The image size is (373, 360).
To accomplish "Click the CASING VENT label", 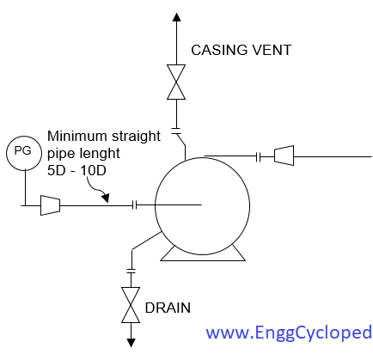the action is coord(242,50).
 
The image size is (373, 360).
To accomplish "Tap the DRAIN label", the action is coord(168,308).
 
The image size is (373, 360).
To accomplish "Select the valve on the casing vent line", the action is coord(176,82).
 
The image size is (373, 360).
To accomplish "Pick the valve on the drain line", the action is coord(131,305).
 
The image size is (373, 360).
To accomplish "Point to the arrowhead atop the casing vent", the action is coord(176,17).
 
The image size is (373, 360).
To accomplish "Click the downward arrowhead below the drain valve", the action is coord(131,343).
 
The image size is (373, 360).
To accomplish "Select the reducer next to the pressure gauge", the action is coord(50,205).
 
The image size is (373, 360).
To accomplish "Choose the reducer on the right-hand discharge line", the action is coord(284,156).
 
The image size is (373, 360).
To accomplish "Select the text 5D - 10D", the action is coord(76,171).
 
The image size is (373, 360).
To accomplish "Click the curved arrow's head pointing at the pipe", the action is coord(106,198).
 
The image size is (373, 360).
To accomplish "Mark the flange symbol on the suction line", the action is coord(135,205).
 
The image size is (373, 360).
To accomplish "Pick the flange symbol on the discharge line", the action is coord(258,157).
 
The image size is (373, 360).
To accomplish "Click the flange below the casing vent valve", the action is coord(176,131).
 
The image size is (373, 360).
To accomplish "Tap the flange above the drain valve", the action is coord(131,271).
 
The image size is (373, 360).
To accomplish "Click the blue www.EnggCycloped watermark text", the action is coord(289,333).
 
